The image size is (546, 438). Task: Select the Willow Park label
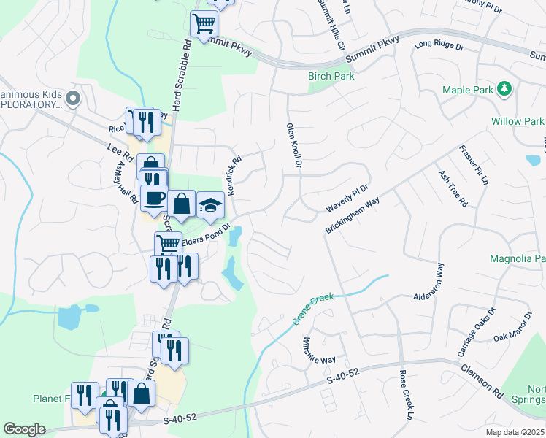pyautogui.click(x=518, y=121)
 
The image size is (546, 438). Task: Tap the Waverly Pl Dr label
pyautogui.click(x=347, y=197)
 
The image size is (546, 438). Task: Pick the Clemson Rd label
pyautogui.click(x=482, y=380)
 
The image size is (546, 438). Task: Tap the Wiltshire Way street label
pyautogui.click(x=318, y=351)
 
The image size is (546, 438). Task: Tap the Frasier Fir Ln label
pyautogui.click(x=472, y=165)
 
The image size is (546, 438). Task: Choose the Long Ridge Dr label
pyautogui.click(x=439, y=45)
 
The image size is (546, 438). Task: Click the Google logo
pyautogui.click(x=24, y=429)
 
